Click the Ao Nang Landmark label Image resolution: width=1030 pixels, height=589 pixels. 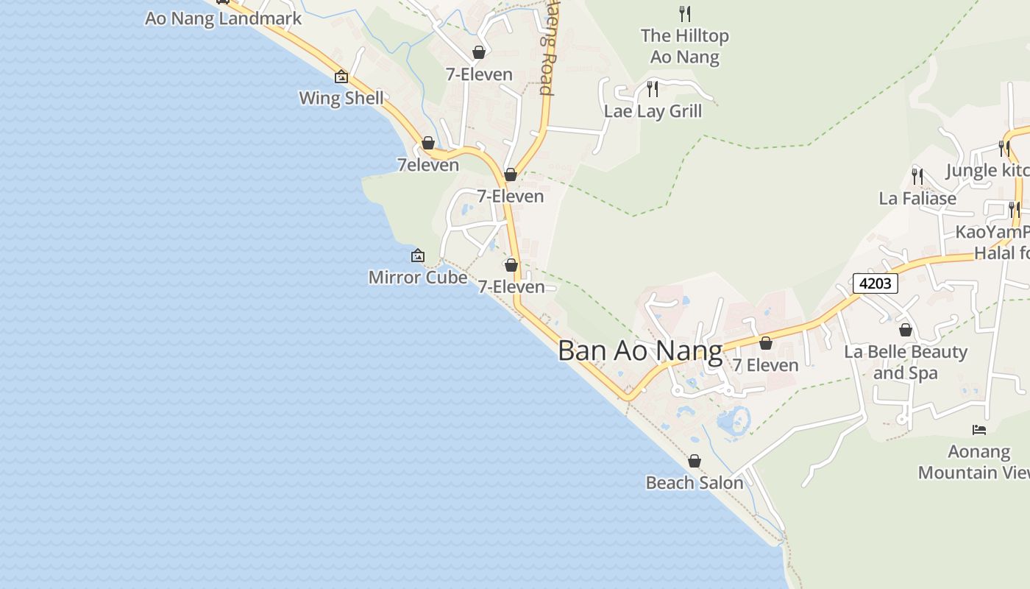click(x=223, y=18)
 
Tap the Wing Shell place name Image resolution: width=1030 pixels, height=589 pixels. click(x=341, y=98)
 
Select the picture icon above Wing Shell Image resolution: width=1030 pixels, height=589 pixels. click(x=341, y=76)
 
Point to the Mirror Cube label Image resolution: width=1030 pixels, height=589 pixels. click(x=417, y=278)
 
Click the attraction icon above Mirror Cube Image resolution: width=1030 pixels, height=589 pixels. click(x=418, y=255)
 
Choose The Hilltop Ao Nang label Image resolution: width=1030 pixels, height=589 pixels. click(x=684, y=46)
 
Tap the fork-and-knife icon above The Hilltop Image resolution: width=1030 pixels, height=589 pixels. click(x=685, y=13)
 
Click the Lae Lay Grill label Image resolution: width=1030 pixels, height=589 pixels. click(x=653, y=111)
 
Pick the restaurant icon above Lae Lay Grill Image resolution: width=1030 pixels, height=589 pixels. click(x=653, y=89)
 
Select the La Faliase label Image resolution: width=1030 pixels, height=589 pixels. click(x=917, y=198)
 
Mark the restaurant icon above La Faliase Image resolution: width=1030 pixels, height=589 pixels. click(x=917, y=176)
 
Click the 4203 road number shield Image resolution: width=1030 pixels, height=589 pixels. click(x=876, y=283)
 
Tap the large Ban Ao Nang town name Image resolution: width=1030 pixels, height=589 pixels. click(x=640, y=350)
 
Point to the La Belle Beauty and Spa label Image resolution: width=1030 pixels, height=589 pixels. click(x=905, y=362)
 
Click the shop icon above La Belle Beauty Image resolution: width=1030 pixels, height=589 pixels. click(x=906, y=330)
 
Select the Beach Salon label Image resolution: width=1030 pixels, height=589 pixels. click(x=695, y=483)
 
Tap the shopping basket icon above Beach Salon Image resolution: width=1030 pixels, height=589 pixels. click(x=695, y=461)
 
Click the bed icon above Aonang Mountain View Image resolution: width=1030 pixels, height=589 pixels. click(x=979, y=429)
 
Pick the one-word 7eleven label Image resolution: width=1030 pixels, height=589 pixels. click(x=428, y=165)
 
